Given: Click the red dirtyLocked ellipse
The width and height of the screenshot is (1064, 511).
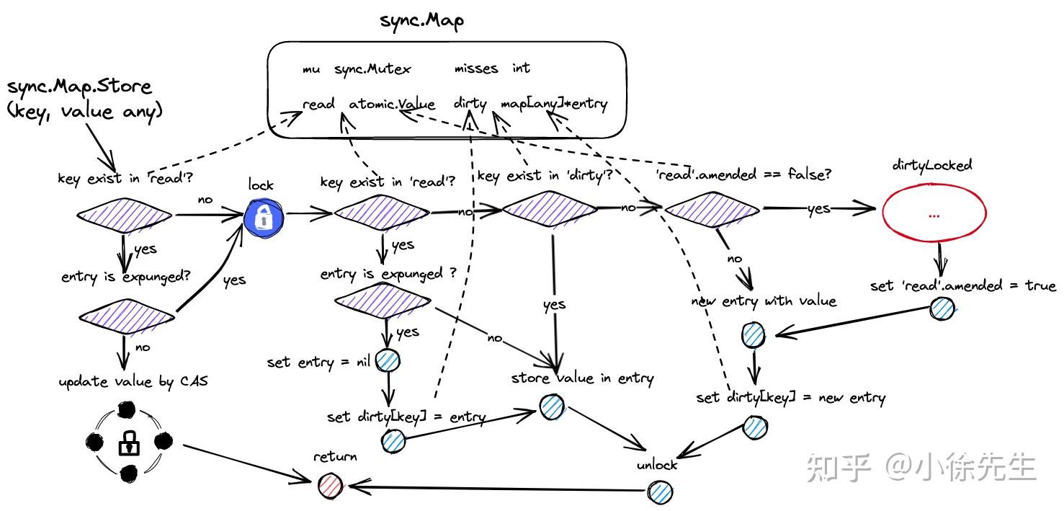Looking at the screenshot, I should coord(934,214).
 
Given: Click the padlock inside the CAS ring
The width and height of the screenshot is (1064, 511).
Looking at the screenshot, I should coord(128,443).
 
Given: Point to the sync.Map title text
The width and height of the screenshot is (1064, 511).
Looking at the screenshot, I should coord(422,20).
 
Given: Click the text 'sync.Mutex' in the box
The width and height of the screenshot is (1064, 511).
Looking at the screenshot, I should coord(372,69).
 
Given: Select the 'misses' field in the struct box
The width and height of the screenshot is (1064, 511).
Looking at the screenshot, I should coord(475,68).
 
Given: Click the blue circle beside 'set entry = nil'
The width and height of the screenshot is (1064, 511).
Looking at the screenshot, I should coord(388,361).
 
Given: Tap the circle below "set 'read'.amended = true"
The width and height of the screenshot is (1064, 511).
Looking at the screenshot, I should coord(941,309).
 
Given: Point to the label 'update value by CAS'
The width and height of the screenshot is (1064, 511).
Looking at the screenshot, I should coord(133,381).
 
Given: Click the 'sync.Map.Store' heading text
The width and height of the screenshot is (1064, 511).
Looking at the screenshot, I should coord(79,87).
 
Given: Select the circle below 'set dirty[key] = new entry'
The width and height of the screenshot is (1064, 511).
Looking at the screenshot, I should coord(755,427).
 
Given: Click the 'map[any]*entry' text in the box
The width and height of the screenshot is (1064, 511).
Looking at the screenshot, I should coord(554,104).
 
